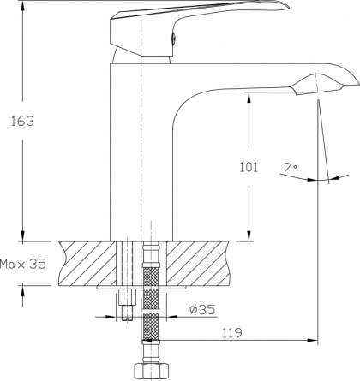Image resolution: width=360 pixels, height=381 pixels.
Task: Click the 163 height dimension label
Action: [22, 121]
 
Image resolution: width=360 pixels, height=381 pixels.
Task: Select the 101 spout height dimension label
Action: [249, 167]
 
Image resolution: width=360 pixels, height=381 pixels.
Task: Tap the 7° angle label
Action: [291, 167]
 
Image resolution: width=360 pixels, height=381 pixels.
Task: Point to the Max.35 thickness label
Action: [23, 264]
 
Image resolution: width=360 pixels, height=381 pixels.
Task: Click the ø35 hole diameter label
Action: [202, 309]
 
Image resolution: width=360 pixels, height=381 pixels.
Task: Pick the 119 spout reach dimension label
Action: [232, 333]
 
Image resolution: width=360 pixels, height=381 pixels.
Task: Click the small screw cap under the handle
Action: [173, 39]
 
